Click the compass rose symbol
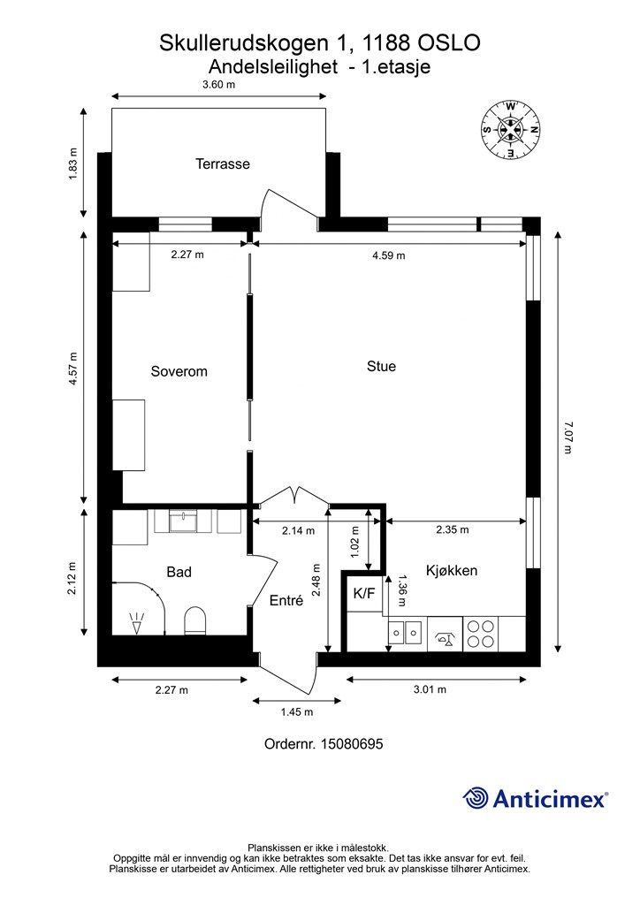pos(510,128)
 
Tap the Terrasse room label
pos(222,164)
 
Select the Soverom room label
pos(179,371)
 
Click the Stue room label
pos(381,366)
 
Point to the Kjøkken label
pos(451,571)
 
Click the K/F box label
pos(363,594)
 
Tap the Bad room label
pos(179,573)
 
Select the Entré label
pos(286,600)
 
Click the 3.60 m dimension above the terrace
pos(218,85)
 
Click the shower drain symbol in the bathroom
pos(136,622)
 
